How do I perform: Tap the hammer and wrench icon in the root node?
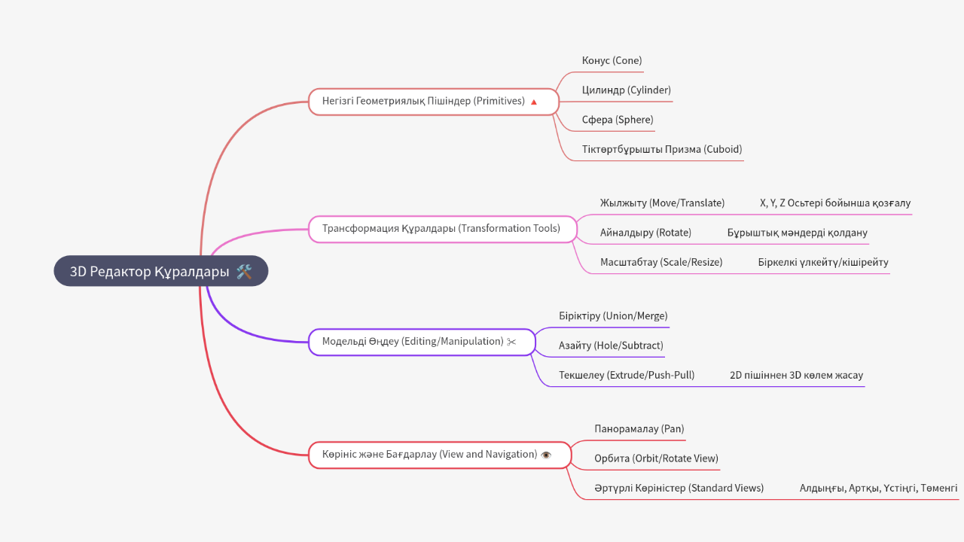[x=243, y=272]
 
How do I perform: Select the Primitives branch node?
[x=423, y=101]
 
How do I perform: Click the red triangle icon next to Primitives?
[x=534, y=102]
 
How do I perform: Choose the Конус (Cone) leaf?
[x=612, y=60]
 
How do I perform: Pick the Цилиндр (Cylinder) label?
[x=626, y=90]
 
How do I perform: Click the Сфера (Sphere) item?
[x=618, y=120]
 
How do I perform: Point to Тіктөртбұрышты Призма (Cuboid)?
[x=661, y=149]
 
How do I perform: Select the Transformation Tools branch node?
[x=441, y=228]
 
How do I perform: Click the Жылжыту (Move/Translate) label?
[x=662, y=203]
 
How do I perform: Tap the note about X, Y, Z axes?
[x=835, y=203]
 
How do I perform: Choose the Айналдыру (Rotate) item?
[x=645, y=233]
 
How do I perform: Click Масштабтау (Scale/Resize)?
[x=660, y=263]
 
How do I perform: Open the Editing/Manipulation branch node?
[x=413, y=341]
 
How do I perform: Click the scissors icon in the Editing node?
[x=512, y=342]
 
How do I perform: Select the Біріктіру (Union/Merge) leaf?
[x=613, y=316]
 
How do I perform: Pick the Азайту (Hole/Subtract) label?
[x=611, y=346]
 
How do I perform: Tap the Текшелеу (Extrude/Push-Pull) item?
[x=626, y=375]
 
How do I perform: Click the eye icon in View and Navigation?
[x=546, y=455]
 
